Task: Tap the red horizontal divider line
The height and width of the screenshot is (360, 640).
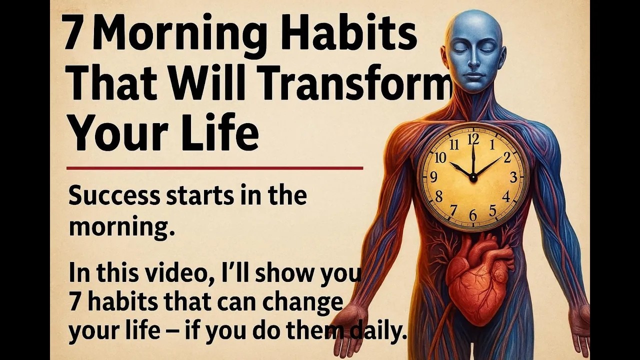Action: point(214,168)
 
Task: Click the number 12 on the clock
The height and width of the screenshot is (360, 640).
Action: point(473,138)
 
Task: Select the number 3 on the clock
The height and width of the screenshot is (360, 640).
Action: point(513,177)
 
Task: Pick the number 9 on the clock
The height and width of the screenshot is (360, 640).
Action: point(433,176)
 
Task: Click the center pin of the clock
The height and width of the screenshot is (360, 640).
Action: point(473,177)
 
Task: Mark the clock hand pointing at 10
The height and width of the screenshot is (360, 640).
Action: point(460,170)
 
